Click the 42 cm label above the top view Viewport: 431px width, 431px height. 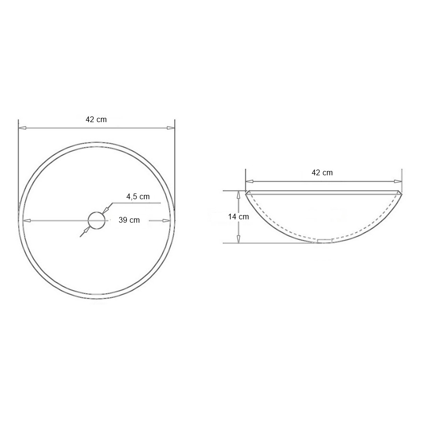[x=96, y=120]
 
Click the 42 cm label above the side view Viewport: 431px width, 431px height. [x=322, y=172]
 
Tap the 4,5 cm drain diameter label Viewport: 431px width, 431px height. [x=138, y=196]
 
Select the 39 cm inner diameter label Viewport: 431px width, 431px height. [x=129, y=220]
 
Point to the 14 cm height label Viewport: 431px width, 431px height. [x=238, y=216]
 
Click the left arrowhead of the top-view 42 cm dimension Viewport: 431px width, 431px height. [x=22, y=128]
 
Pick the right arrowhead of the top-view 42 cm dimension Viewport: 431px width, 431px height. [x=171, y=128]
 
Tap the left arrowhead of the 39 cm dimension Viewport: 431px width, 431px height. [x=26, y=220]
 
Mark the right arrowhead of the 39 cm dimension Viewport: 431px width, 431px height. [x=167, y=220]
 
